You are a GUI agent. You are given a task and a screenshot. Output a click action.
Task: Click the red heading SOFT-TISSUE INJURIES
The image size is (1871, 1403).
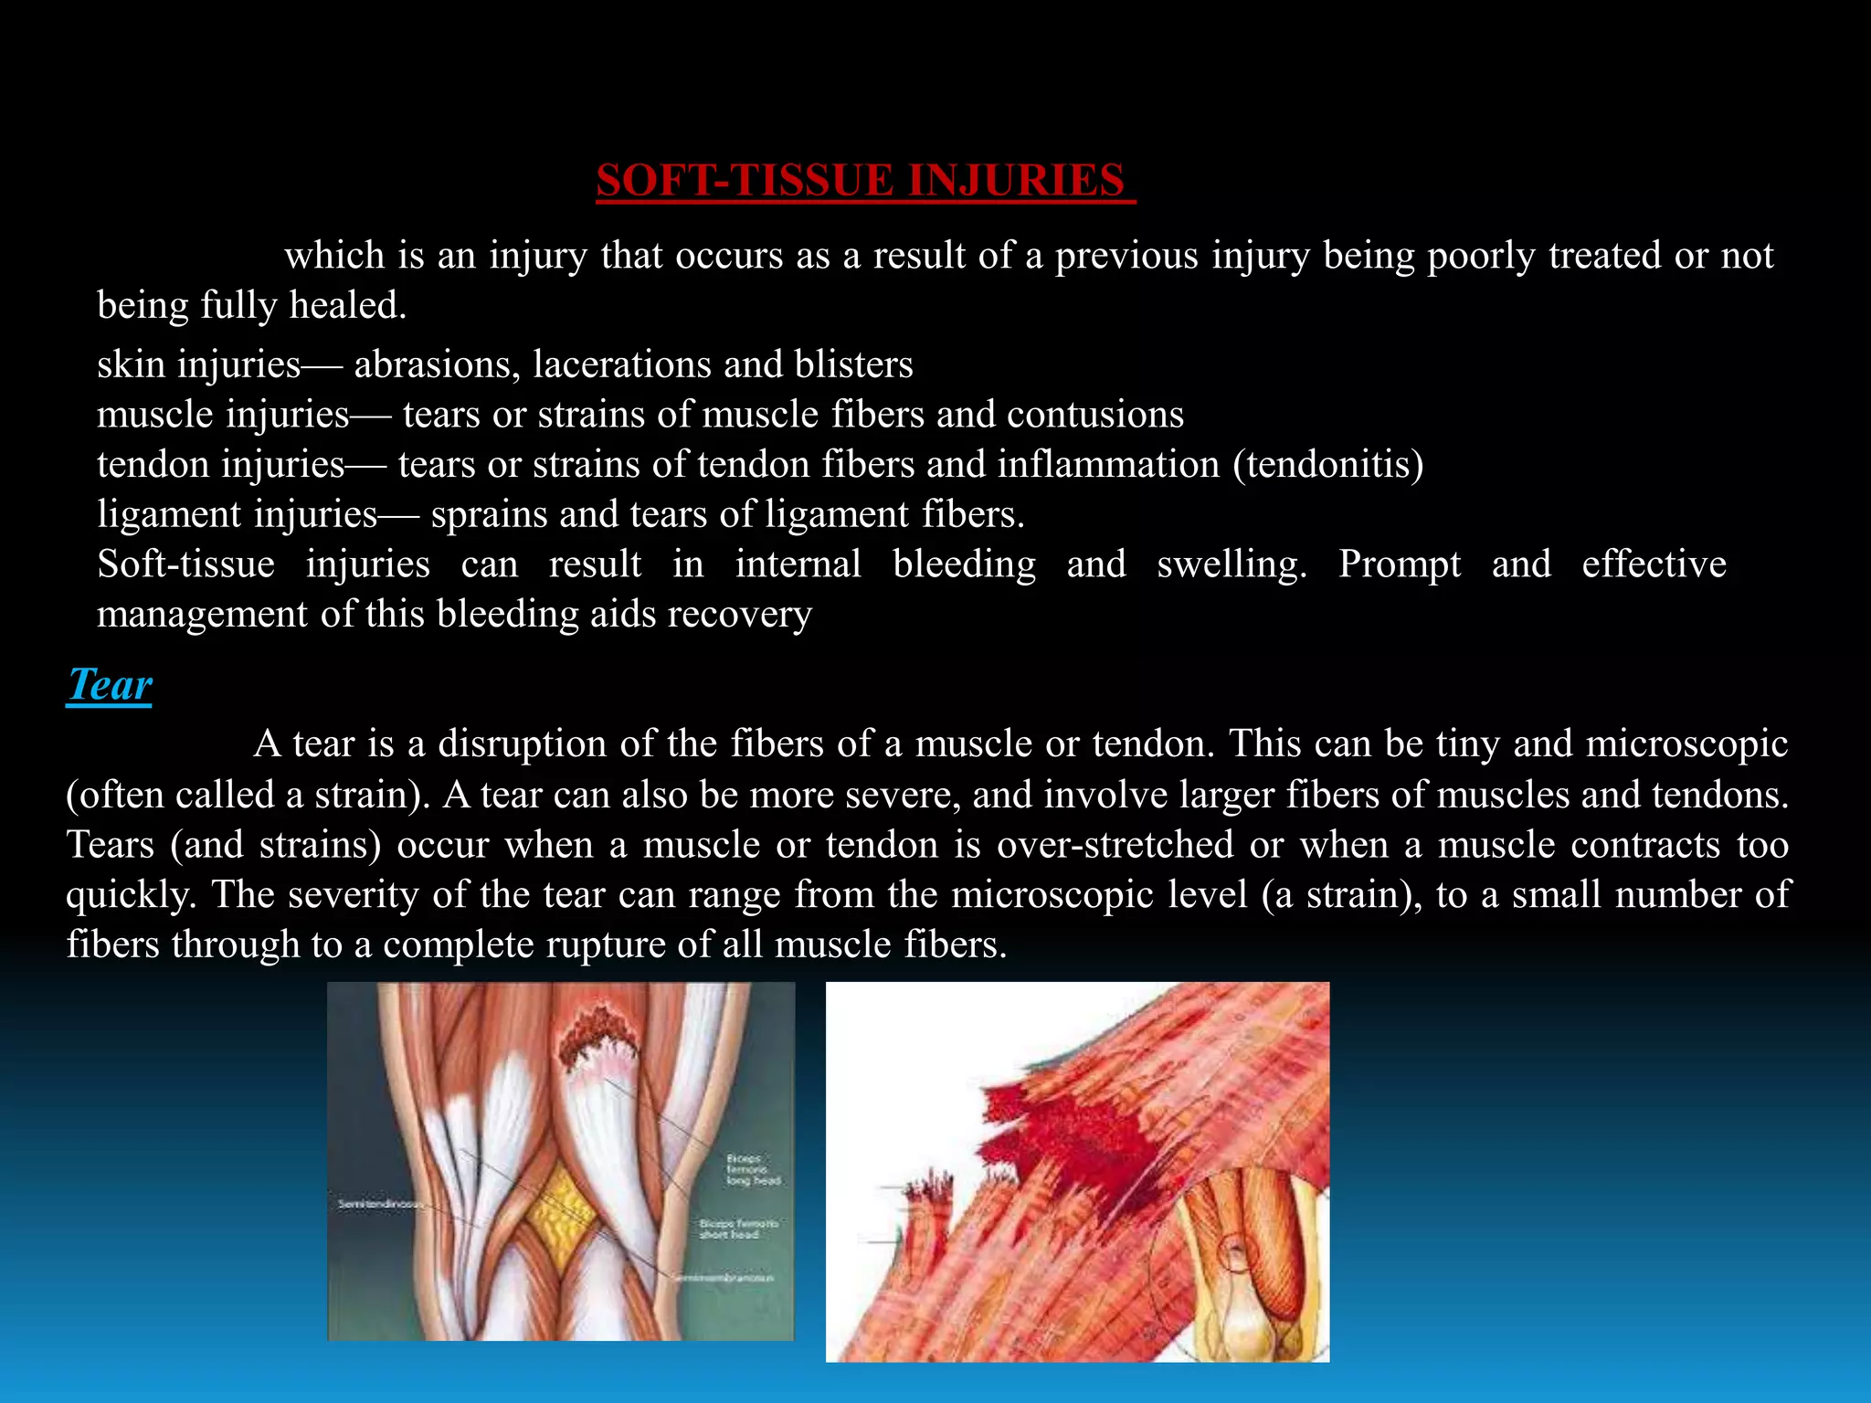pos(864,180)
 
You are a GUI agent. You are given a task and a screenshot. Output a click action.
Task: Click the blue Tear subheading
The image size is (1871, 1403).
pos(110,685)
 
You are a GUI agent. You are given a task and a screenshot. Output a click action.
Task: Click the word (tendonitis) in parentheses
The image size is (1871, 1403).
pos(1327,465)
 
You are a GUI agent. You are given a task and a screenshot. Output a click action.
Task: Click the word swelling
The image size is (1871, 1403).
pos(1231,564)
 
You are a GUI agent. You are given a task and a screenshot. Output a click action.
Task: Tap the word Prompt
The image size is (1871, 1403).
pos(1399,564)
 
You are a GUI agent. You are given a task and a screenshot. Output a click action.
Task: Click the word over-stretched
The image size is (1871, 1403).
pos(1115,844)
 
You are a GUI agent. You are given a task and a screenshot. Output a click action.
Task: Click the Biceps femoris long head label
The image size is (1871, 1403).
pos(753,1169)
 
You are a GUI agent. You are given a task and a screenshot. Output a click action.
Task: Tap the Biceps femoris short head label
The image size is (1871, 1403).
pos(739,1229)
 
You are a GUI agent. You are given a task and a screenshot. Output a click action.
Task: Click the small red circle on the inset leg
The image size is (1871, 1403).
pos(1235,1252)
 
